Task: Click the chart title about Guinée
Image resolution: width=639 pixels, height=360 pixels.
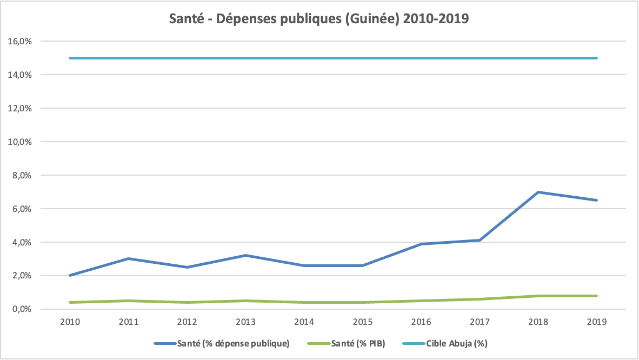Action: click(319, 19)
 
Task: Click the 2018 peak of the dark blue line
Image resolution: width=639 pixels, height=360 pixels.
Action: click(538, 192)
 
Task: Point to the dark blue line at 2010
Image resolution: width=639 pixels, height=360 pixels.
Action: click(70, 275)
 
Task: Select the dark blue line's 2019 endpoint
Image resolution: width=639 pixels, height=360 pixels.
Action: click(597, 200)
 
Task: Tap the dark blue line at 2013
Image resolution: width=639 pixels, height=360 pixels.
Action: click(246, 255)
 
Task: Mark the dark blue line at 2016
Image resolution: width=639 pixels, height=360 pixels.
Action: click(421, 244)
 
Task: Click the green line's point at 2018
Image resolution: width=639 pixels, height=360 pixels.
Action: click(538, 296)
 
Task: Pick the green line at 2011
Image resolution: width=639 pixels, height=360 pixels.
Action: click(129, 301)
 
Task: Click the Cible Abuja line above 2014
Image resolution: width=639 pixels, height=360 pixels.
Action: click(304, 58)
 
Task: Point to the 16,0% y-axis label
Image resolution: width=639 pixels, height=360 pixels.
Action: click(21, 41)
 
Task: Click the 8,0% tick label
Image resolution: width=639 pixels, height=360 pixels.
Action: click(22, 175)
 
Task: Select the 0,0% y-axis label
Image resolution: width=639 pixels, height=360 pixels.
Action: click(22, 309)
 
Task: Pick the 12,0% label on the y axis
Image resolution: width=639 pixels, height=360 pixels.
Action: click(21, 108)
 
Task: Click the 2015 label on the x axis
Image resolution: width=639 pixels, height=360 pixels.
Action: click(363, 322)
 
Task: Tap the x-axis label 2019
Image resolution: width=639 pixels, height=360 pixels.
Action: click(597, 322)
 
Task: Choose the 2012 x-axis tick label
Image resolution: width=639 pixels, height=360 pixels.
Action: click(187, 322)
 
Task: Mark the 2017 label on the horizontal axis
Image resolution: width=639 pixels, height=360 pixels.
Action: click(480, 322)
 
